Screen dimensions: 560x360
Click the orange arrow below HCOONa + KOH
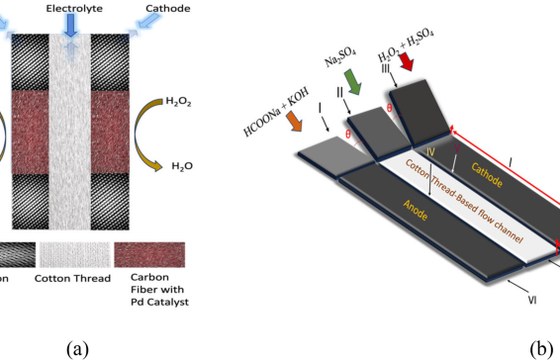tap(295, 121)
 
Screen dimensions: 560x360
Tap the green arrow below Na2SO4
tap(353, 82)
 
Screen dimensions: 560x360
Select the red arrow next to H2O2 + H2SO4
tap(406, 62)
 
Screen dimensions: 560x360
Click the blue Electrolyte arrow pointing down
tap(71, 25)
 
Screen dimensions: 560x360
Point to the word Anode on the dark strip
tap(415, 210)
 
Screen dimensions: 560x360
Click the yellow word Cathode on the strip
tap(487, 175)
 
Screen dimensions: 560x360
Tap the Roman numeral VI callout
tap(532, 300)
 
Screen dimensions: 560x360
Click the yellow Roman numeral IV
tap(431, 152)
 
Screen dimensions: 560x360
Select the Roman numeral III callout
tap(385, 68)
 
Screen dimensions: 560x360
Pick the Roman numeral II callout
tap(340, 92)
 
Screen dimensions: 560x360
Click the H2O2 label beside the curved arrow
tap(179, 102)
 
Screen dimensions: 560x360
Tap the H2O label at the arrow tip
tap(182, 166)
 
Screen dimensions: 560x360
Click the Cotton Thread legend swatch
tap(75, 255)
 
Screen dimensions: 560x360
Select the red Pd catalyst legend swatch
tap(150, 255)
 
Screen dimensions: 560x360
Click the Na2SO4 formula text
tap(340, 58)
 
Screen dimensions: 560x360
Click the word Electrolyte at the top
tap(74, 8)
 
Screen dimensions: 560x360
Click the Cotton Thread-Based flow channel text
tap(464, 201)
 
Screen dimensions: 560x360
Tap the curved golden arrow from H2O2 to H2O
tap(139, 134)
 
